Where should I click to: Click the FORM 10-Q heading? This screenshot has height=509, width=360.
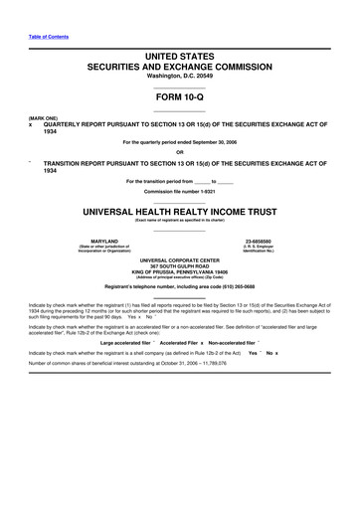click(x=179, y=97)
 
